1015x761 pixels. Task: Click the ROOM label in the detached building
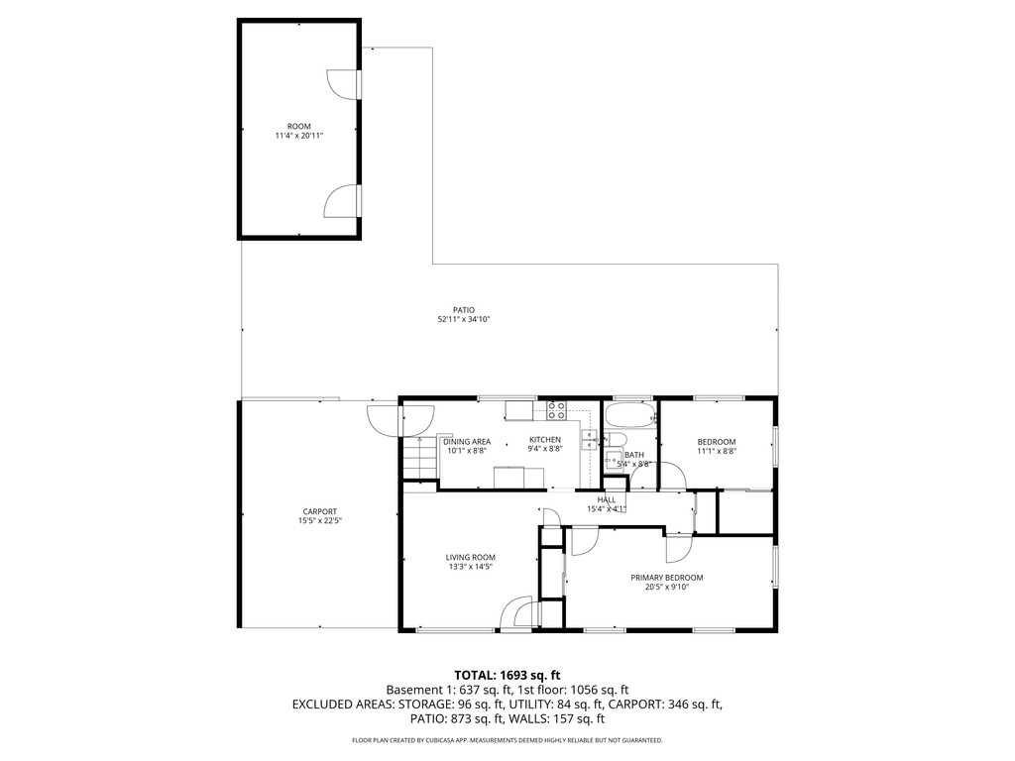click(x=298, y=126)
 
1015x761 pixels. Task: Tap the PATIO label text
click(x=464, y=309)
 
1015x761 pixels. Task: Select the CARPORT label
click(x=319, y=511)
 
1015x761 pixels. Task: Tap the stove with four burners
click(x=556, y=409)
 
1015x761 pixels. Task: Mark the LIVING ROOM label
click(x=470, y=557)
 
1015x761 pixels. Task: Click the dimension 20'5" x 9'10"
click(x=666, y=587)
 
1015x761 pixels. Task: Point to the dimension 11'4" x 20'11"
click(x=298, y=136)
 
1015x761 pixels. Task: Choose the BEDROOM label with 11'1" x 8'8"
click(x=716, y=441)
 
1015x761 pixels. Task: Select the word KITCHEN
click(x=544, y=440)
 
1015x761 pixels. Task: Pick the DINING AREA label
click(x=466, y=441)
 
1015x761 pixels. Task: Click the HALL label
click(x=607, y=499)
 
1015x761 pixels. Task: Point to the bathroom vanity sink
click(x=614, y=459)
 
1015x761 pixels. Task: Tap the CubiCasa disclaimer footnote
click(x=507, y=740)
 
